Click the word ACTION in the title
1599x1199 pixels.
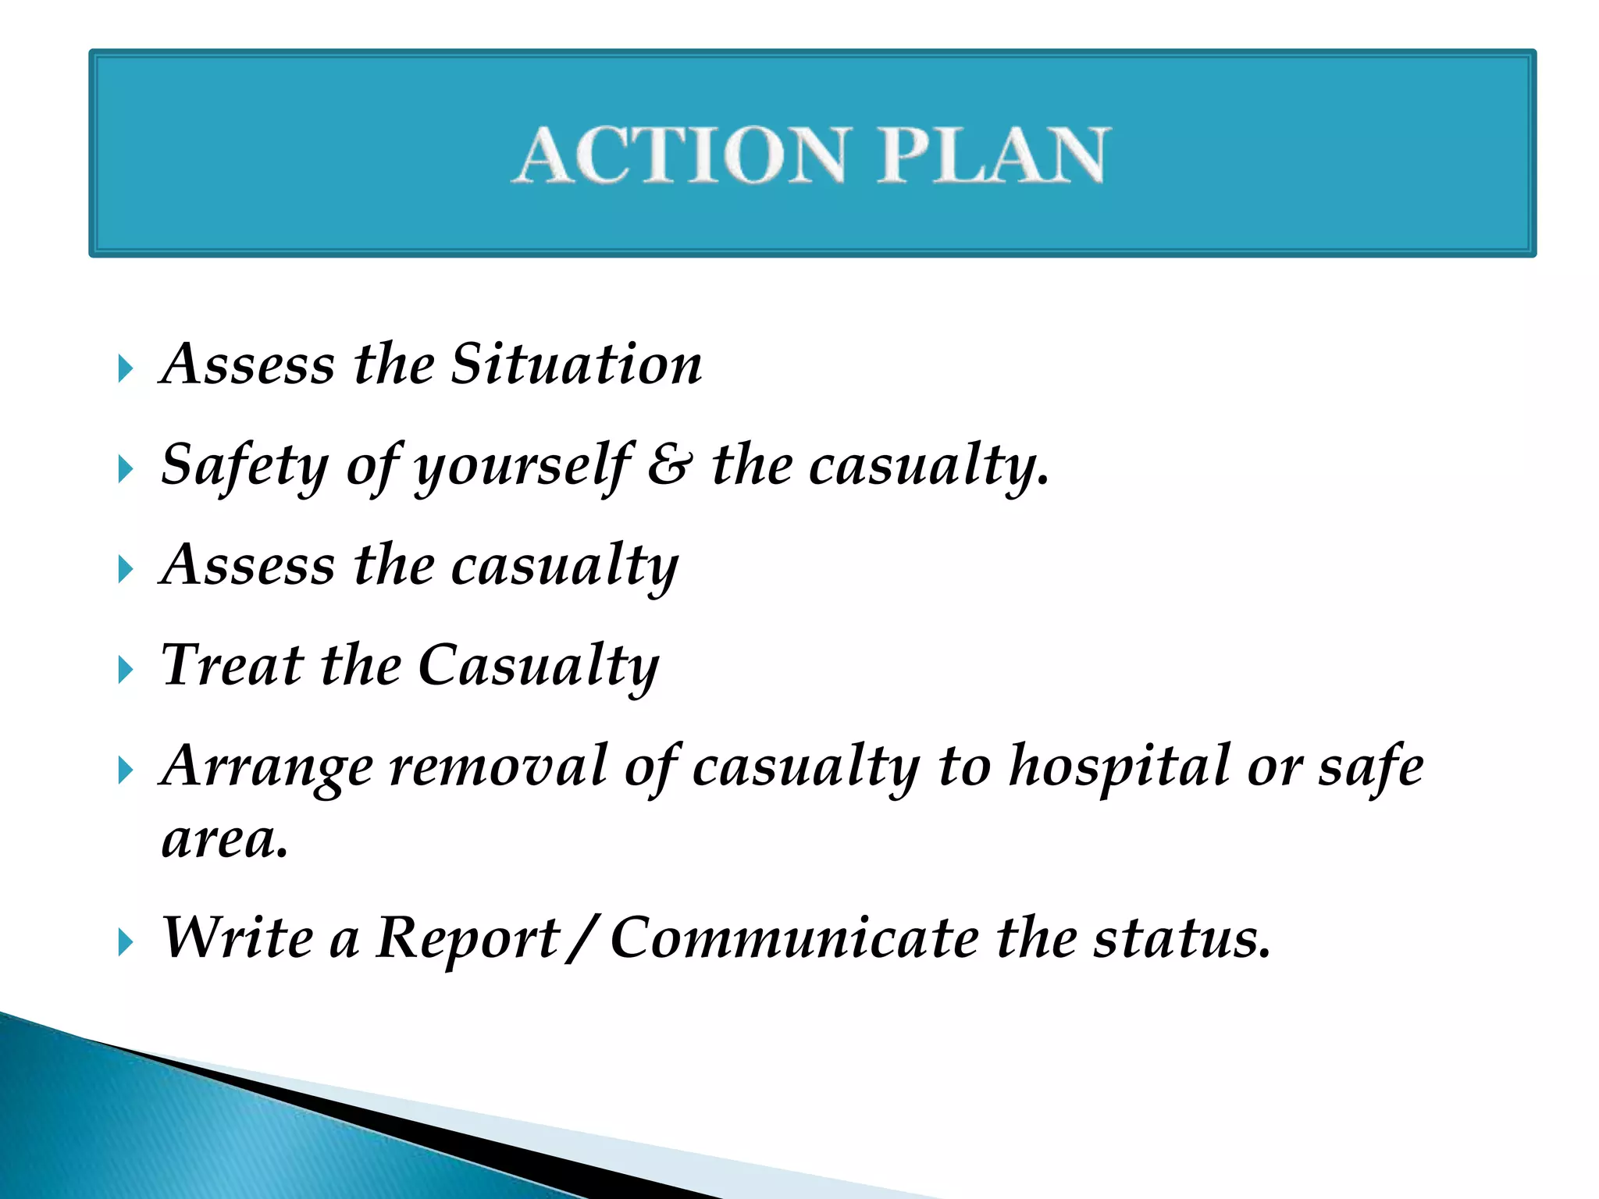tap(682, 155)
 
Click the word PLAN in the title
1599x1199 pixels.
tap(992, 155)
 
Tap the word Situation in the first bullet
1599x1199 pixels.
tap(576, 365)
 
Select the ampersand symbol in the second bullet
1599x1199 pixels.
tap(669, 466)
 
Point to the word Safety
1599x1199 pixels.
tap(244, 466)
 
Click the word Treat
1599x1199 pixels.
tap(231, 665)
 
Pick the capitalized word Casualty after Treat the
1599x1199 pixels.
tap(539, 667)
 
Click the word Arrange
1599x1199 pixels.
tap(265, 767)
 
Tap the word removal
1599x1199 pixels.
tap(498, 767)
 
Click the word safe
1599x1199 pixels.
tap(1371, 767)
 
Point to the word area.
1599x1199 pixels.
tap(224, 841)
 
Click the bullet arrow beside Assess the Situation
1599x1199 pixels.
tap(126, 368)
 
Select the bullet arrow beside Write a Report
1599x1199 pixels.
tap(126, 942)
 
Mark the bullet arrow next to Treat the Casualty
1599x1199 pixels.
tap(126, 670)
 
